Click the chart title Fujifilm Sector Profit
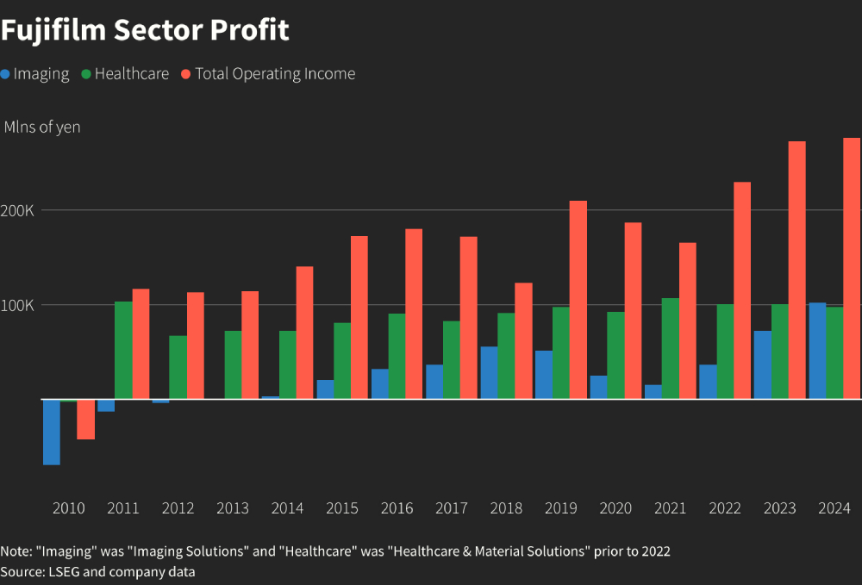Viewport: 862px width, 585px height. coord(145,30)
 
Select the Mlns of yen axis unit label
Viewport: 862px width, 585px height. coord(42,128)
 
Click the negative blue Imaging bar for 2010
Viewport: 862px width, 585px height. coord(52,432)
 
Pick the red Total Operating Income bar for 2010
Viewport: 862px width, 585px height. coord(85,419)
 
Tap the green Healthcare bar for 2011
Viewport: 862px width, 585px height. coord(123,350)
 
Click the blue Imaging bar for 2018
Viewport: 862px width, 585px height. coord(489,372)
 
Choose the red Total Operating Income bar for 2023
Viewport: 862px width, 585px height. coord(796,270)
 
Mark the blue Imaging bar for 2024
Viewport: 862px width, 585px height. coord(817,351)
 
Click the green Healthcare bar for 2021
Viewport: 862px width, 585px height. coord(670,348)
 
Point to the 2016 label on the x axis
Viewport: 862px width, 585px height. coord(397,508)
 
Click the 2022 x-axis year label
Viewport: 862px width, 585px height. coord(725,508)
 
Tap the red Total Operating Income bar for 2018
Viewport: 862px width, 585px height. coord(523,340)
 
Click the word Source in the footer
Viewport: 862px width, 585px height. coord(22,572)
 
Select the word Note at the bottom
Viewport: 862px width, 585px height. coord(15,551)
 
